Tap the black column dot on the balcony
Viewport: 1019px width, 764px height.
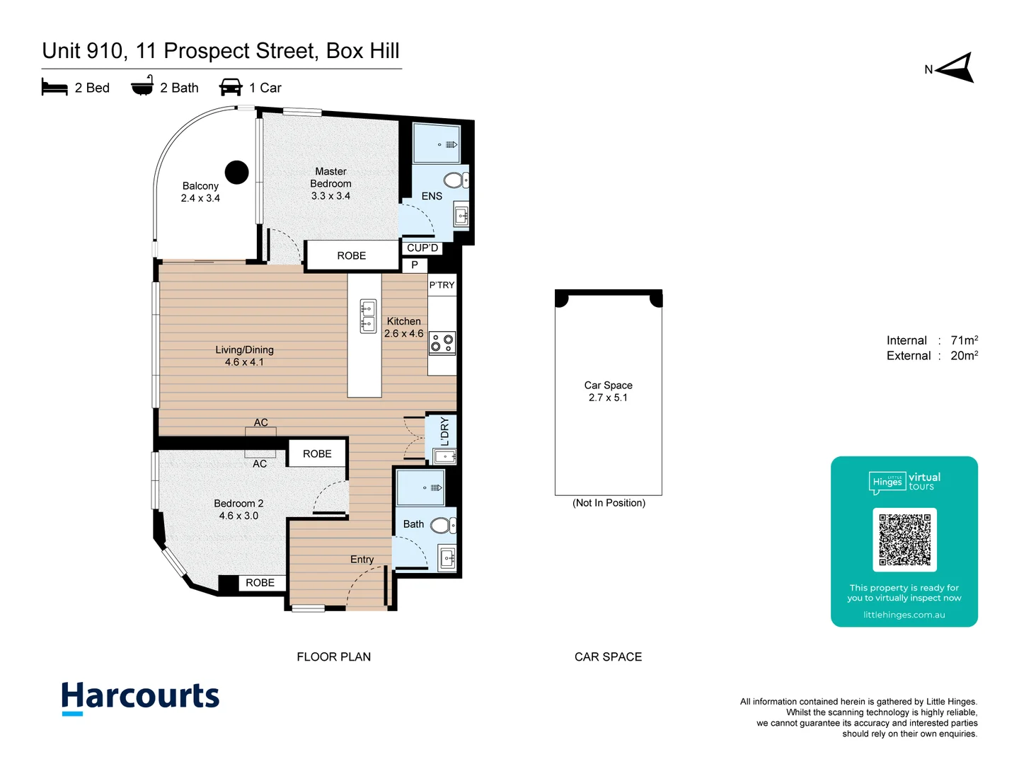click(236, 172)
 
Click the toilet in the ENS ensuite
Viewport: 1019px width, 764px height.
click(455, 180)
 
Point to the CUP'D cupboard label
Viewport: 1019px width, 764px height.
click(422, 248)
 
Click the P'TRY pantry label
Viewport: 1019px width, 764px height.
click(442, 285)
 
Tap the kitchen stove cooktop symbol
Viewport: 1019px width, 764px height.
click(442, 343)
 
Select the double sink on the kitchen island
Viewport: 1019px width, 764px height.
click(368, 317)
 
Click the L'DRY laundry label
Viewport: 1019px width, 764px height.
click(444, 432)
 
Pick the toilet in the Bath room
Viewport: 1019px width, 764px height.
click(442, 525)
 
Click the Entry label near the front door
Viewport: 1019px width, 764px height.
click(362, 560)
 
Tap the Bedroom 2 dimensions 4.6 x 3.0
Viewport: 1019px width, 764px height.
click(238, 516)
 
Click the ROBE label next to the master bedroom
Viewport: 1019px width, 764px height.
click(352, 256)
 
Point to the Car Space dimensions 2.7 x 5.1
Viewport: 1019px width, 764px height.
click(608, 398)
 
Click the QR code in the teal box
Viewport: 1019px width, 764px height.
click(904, 540)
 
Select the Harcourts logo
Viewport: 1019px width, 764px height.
click(140, 698)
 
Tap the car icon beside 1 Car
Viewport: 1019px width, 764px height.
click(231, 88)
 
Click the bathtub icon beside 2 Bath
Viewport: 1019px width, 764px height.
click(142, 86)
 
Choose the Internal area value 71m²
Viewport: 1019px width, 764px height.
click(964, 340)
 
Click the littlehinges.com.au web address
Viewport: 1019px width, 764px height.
click(904, 615)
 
